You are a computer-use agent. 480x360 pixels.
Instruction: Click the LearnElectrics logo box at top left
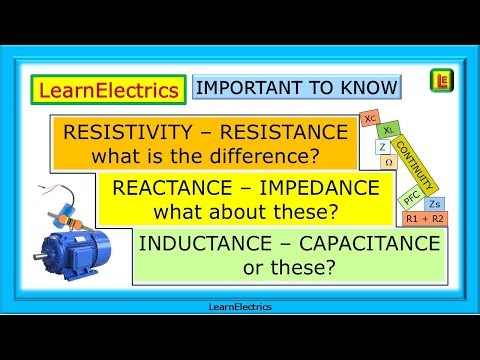click(x=107, y=90)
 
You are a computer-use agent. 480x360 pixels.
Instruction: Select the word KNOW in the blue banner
click(x=367, y=88)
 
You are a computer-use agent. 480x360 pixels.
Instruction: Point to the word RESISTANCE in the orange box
click(x=284, y=133)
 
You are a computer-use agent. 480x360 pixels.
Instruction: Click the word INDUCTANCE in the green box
click(x=205, y=244)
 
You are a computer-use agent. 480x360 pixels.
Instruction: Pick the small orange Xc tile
click(x=371, y=118)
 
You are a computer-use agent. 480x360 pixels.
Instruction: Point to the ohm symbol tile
click(x=388, y=161)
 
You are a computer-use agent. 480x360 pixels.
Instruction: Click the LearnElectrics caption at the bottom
click(x=239, y=308)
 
